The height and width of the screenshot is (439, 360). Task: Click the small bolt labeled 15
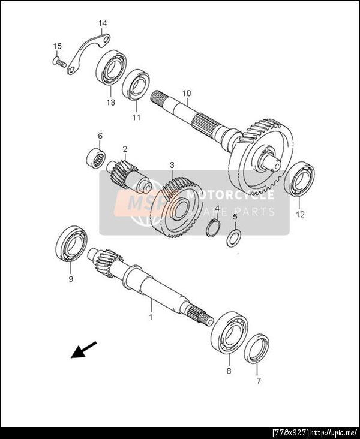pyautogui.click(x=59, y=62)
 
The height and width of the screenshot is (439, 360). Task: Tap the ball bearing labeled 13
pyautogui.click(x=111, y=68)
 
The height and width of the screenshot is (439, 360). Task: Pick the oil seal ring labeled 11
pyautogui.click(x=136, y=84)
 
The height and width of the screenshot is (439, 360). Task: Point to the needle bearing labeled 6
pyautogui.click(x=96, y=159)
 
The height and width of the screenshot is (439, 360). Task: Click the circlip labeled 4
pyautogui.click(x=214, y=228)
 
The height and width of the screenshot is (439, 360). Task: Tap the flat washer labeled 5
pyautogui.click(x=233, y=238)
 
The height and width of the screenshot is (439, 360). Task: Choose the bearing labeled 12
pyautogui.click(x=299, y=179)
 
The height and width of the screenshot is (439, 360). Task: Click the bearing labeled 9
pyautogui.click(x=71, y=243)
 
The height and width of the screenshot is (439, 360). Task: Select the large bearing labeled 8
pyautogui.click(x=229, y=333)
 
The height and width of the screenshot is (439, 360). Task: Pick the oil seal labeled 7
pyautogui.click(x=256, y=349)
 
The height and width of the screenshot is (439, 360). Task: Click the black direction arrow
pyautogui.click(x=84, y=350)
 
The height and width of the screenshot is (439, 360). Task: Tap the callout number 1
pyautogui.click(x=151, y=317)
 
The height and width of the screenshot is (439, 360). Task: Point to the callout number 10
pyautogui.click(x=187, y=93)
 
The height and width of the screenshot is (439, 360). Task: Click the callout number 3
pyautogui.click(x=172, y=165)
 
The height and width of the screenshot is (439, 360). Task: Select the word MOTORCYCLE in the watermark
pyautogui.click(x=230, y=194)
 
